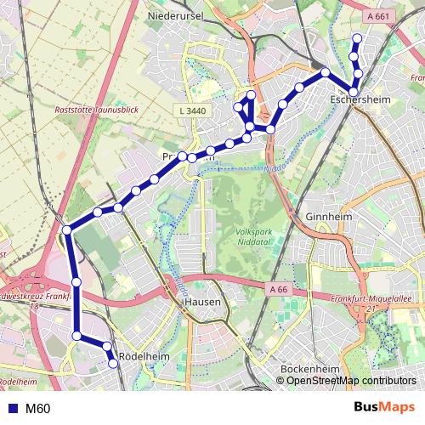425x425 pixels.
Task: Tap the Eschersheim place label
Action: click(x=355, y=100)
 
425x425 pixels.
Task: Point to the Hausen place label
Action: click(x=202, y=302)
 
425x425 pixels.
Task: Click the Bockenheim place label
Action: click(x=309, y=370)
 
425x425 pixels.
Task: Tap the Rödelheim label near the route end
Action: click(x=142, y=356)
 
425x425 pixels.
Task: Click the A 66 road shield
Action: click(x=279, y=289)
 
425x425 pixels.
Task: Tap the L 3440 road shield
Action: click(x=193, y=111)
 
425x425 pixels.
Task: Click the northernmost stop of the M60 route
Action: click(x=357, y=37)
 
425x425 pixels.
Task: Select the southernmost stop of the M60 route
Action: click(x=113, y=364)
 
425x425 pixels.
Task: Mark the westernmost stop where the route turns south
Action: click(x=67, y=229)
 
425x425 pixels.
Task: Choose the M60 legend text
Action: click(x=37, y=408)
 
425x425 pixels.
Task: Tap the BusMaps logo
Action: click(x=384, y=407)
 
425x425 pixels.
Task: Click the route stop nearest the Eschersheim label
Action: click(x=354, y=91)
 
